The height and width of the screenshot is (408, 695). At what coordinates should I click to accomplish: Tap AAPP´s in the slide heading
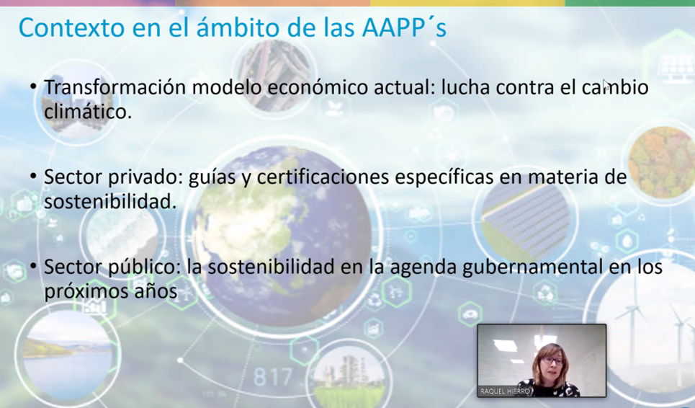[404, 27]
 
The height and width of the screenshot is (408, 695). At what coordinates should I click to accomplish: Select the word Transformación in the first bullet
[115, 87]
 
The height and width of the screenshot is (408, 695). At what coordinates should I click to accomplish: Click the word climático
[88, 111]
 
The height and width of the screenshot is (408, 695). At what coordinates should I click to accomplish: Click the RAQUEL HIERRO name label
[506, 391]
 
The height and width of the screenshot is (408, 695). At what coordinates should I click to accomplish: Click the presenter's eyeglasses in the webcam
[552, 361]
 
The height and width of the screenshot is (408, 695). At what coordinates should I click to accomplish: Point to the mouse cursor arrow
[606, 84]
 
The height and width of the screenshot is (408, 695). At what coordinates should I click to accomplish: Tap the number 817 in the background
[272, 378]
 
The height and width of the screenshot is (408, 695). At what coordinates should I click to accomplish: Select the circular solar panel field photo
[526, 221]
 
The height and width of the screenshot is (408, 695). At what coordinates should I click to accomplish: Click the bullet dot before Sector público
[33, 266]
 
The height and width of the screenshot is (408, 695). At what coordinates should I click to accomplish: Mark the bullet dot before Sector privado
[33, 176]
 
